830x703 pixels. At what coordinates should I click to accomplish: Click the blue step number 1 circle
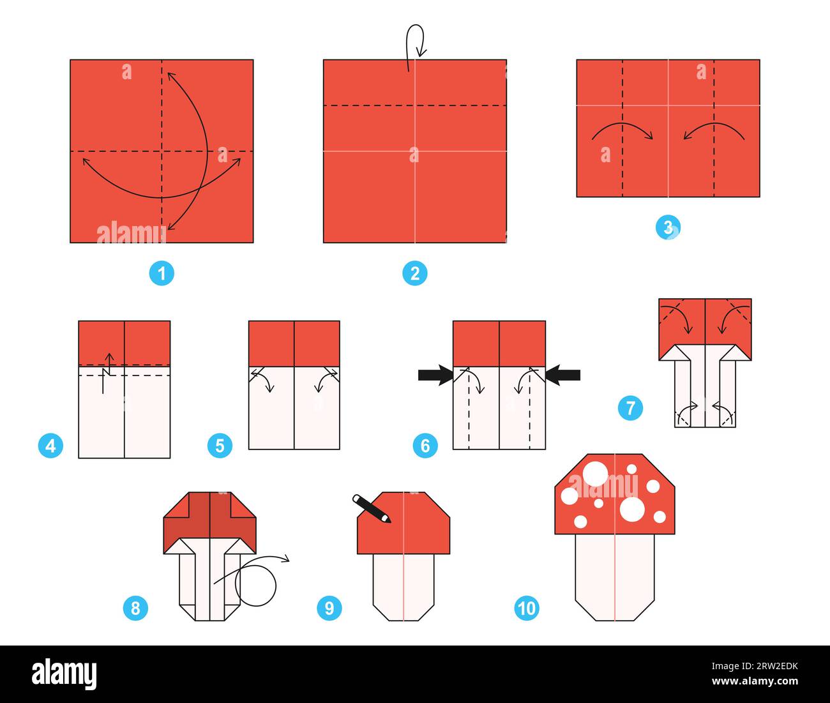162,274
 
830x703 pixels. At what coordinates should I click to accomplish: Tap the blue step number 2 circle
415,274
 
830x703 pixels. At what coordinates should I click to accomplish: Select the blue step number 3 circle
668,227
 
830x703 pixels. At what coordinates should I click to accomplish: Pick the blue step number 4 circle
51,446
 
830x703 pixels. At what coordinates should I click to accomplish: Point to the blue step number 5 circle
220,446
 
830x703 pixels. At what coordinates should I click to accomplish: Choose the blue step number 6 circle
425,446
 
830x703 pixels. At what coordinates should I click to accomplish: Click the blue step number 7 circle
630,407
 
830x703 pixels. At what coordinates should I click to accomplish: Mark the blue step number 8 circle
135,608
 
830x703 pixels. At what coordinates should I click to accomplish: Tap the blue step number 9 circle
329,608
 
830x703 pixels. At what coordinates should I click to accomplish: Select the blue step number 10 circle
526,608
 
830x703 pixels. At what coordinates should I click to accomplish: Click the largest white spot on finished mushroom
632,510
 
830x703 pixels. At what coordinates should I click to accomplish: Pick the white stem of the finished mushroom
614,575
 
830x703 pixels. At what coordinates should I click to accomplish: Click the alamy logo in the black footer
64,674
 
